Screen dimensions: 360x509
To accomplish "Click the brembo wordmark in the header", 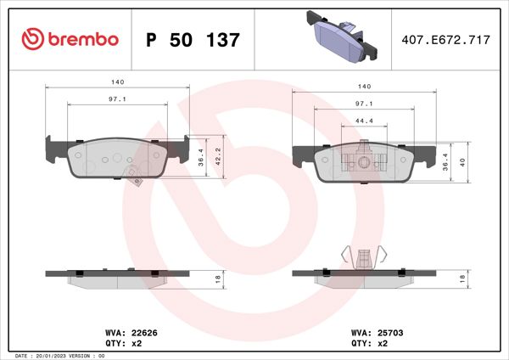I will coord(83,40).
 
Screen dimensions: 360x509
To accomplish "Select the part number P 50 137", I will coord(193,40).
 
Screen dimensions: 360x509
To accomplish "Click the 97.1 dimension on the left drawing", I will coord(118,100).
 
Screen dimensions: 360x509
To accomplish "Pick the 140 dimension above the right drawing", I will coord(366,86).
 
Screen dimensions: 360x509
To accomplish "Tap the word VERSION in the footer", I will coord(80,355).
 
